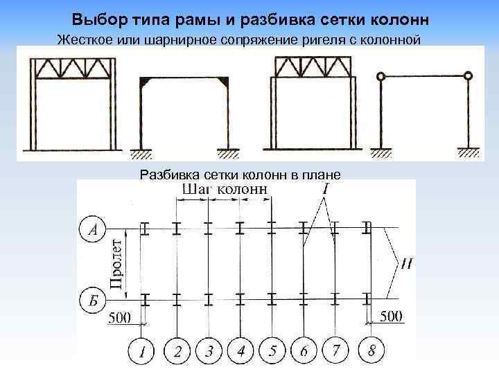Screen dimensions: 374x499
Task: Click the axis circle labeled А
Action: click(x=93, y=229)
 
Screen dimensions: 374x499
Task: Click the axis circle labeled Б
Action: click(x=93, y=299)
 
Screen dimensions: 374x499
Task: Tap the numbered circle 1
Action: click(x=143, y=351)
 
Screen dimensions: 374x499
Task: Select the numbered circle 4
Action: click(x=240, y=351)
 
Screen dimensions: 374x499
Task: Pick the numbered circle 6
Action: click(x=304, y=351)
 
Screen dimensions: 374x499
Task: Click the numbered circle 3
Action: click(x=208, y=351)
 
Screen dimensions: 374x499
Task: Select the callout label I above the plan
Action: click(x=325, y=188)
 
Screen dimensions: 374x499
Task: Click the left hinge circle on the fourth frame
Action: click(x=379, y=76)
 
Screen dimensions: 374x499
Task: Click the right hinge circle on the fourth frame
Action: click(x=469, y=76)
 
